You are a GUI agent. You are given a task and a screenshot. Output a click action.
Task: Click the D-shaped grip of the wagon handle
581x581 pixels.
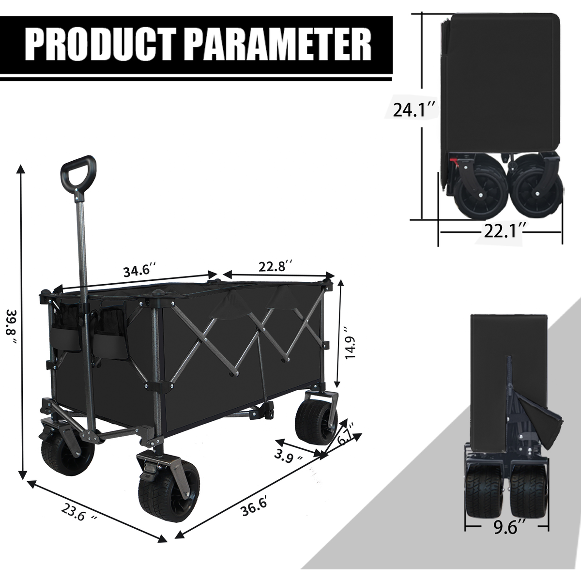[77, 172]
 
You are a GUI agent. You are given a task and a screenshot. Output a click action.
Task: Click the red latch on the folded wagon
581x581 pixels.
[455, 163]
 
